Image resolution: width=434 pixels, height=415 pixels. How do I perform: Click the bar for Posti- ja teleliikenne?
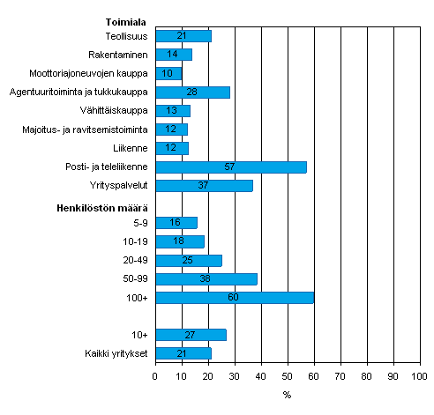tap(231, 167)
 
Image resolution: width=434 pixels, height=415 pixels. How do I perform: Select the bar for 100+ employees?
tap(235, 297)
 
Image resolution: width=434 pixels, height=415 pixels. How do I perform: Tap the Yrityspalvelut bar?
tap(204, 186)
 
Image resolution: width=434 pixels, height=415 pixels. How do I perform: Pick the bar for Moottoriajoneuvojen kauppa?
tap(168, 73)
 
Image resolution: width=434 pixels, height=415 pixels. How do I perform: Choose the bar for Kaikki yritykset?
tap(183, 353)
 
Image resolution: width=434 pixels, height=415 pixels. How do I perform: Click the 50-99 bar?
tap(206, 278)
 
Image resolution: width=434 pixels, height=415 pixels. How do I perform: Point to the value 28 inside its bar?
tap(192, 92)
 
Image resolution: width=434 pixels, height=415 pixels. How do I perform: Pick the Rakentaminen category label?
tap(123, 55)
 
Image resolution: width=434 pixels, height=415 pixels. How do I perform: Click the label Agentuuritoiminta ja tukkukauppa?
tap(79, 92)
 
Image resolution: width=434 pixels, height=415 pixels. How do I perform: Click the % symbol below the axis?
tap(287, 395)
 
